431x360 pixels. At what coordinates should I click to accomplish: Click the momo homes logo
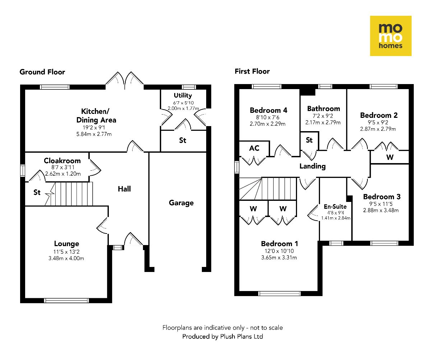pos(391,36)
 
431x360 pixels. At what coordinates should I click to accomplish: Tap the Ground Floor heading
pos(42,72)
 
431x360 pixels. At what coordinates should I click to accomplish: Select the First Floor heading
pos(252,71)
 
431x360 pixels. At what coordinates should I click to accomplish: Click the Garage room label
pos(181,203)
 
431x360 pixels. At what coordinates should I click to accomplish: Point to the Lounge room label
pos(66,244)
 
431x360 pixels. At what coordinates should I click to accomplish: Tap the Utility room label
pos(183,95)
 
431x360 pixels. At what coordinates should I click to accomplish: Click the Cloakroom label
pos(62,161)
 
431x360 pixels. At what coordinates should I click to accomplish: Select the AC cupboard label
pos(254,148)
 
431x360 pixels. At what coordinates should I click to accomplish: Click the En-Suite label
pos(335,207)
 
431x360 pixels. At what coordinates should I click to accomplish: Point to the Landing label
pos(313,166)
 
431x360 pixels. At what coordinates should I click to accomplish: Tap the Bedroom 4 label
pos(269,110)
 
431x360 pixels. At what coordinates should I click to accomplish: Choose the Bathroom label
pos(323,108)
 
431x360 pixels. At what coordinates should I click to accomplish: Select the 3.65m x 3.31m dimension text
pos(279,257)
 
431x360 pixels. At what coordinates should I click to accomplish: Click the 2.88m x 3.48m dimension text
pos(381,210)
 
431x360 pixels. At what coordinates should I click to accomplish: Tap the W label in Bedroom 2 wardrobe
pos(390,157)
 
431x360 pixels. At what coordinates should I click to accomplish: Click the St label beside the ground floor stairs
pos(37,193)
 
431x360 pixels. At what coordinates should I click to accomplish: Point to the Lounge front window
pos(66,300)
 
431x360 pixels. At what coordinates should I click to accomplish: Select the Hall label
pos(124,189)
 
